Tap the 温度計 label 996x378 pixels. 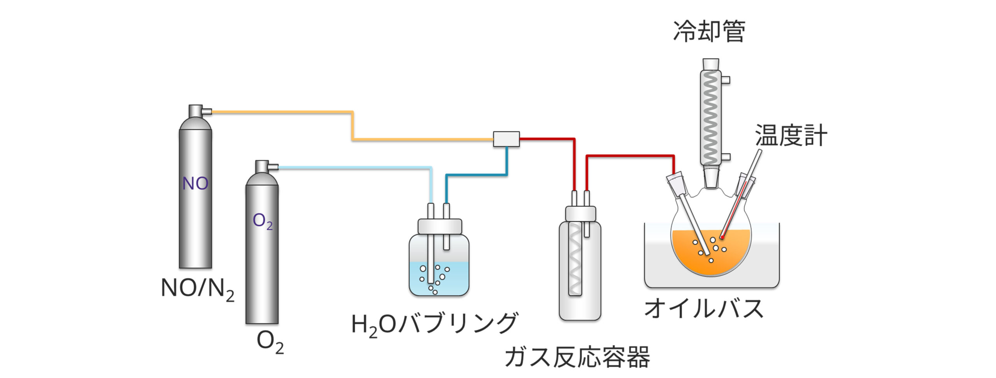pyautogui.click(x=791, y=136)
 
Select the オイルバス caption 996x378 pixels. pyautogui.click(x=704, y=308)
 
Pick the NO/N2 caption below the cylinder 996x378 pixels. pyautogui.click(x=197, y=289)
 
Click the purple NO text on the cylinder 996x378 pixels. pyautogui.click(x=195, y=184)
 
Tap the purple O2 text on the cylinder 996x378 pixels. pyautogui.click(x=263, y=221)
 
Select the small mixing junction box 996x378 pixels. pyautogui.click(x=506, y=139)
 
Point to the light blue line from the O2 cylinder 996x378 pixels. pyautogui.click(x=350, y=168)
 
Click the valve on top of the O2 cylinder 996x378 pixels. pyautogui.click(x=264, y=167)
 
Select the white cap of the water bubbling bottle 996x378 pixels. pyautogui.click(x=440, y=226)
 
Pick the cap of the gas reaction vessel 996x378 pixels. pyautogui.click(x=580, y=213)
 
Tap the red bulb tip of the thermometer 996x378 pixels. pyautogui.click(x=722, y=237)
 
